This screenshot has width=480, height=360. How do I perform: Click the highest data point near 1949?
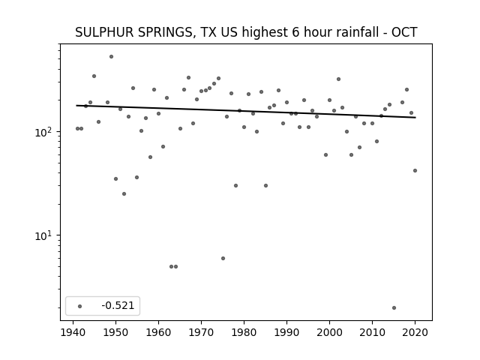coord(111,57)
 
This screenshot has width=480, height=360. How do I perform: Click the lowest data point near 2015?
coord(394,308)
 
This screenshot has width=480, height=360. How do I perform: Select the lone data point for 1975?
coord(223,258)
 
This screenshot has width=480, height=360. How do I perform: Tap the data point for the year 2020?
coord(415,171)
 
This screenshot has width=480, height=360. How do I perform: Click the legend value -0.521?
coord(118,305)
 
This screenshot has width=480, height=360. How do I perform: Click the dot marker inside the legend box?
coord(80,306)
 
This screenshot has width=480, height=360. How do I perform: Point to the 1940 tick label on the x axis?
coord(73,332)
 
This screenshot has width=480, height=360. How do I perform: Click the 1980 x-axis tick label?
coord(244,332)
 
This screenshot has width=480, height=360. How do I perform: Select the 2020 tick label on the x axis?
coord(415,332)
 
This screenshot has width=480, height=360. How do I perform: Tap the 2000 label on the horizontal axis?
coord(329,332)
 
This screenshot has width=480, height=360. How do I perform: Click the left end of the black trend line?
coord(76,106)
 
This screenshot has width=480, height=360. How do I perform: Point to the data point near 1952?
coord(124,193)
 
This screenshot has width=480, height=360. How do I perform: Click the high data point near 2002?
coord(338,79)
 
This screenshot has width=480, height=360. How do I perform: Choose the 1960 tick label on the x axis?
coord(158,332)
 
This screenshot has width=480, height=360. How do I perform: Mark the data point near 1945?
coord(94,76)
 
